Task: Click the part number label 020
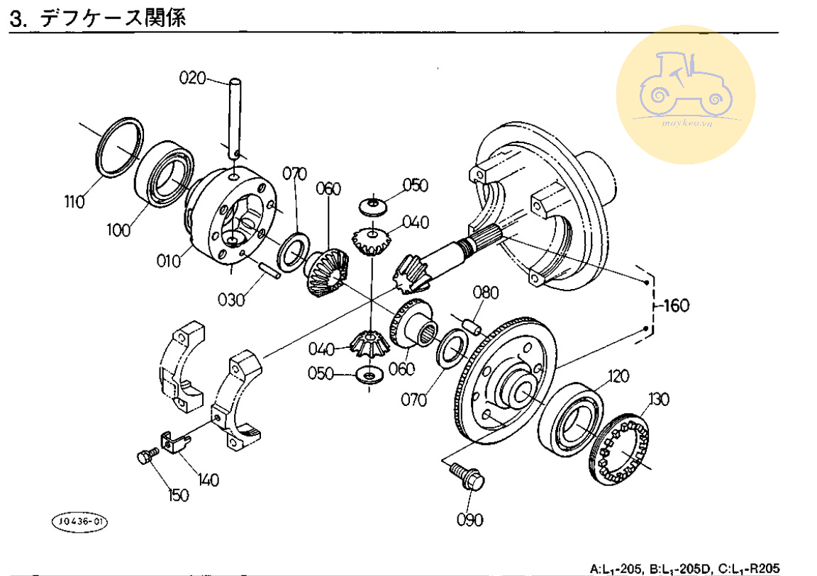191,79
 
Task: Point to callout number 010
168,261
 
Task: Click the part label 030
231,299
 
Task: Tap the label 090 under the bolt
469,520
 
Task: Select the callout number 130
658,400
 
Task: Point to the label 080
487,293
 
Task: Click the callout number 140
209,480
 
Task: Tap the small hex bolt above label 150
146,458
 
